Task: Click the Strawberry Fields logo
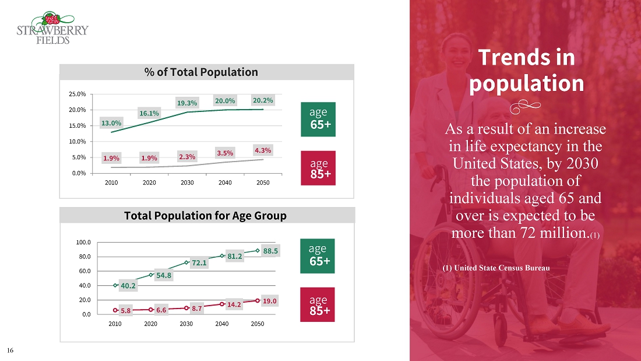click(52, 28)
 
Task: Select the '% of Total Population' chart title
click(201, 72)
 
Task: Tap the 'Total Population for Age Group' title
click(205, 216)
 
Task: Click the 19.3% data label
click(187, 103)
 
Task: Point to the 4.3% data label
click(263, 150)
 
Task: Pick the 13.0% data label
click(111, 123)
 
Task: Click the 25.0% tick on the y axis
click(78, 94)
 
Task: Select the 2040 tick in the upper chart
click(225, 182)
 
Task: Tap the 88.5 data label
click(270, 251)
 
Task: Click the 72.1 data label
click(199, 263)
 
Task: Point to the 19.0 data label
click(270, 301)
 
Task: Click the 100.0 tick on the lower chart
click(84, 242)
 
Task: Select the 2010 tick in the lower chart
click(115, 324)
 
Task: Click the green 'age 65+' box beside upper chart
click(318, 119)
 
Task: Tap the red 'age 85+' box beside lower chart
click(318, 304)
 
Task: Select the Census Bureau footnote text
click(496, 268)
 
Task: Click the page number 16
click(10, 351)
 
